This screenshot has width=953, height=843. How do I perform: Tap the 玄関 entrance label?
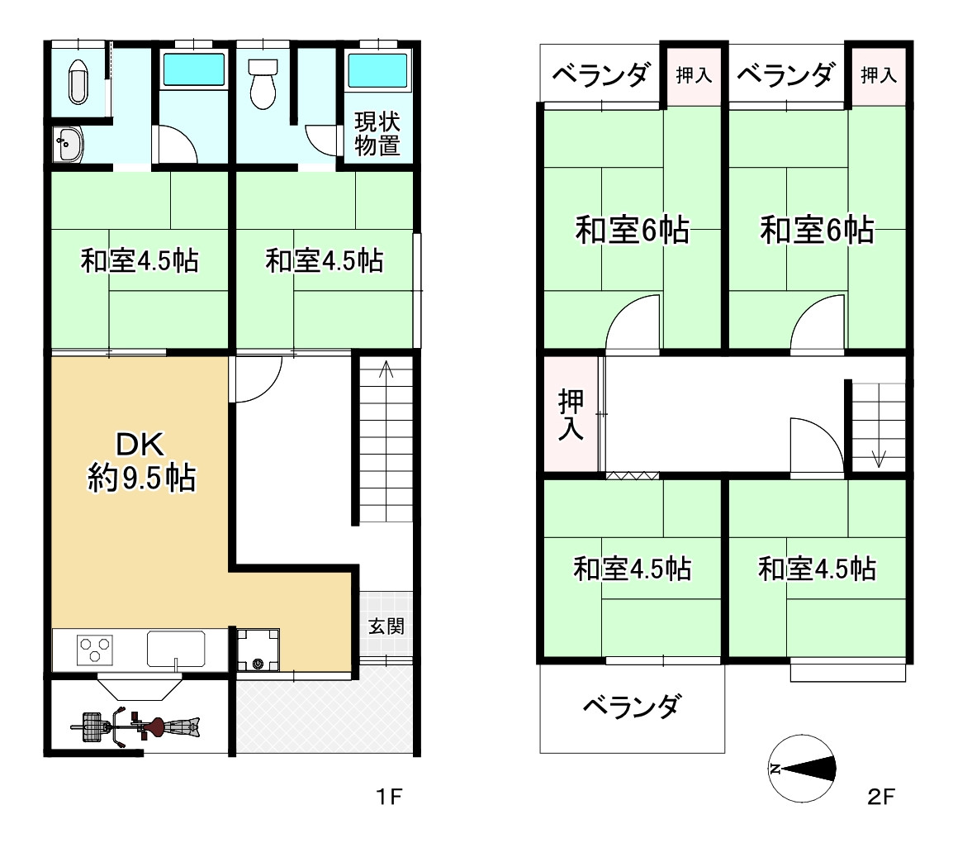386,626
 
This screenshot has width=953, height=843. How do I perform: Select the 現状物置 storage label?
377,133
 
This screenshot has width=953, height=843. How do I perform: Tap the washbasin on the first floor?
68,145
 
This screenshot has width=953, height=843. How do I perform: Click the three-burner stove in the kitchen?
95,649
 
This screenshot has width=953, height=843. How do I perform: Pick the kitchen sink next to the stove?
176,648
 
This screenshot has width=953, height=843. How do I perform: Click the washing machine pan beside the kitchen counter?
258,650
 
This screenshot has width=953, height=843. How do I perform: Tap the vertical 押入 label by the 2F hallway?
571,415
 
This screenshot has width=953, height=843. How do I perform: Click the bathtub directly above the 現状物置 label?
377,71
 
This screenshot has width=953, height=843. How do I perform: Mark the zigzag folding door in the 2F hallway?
632,475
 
